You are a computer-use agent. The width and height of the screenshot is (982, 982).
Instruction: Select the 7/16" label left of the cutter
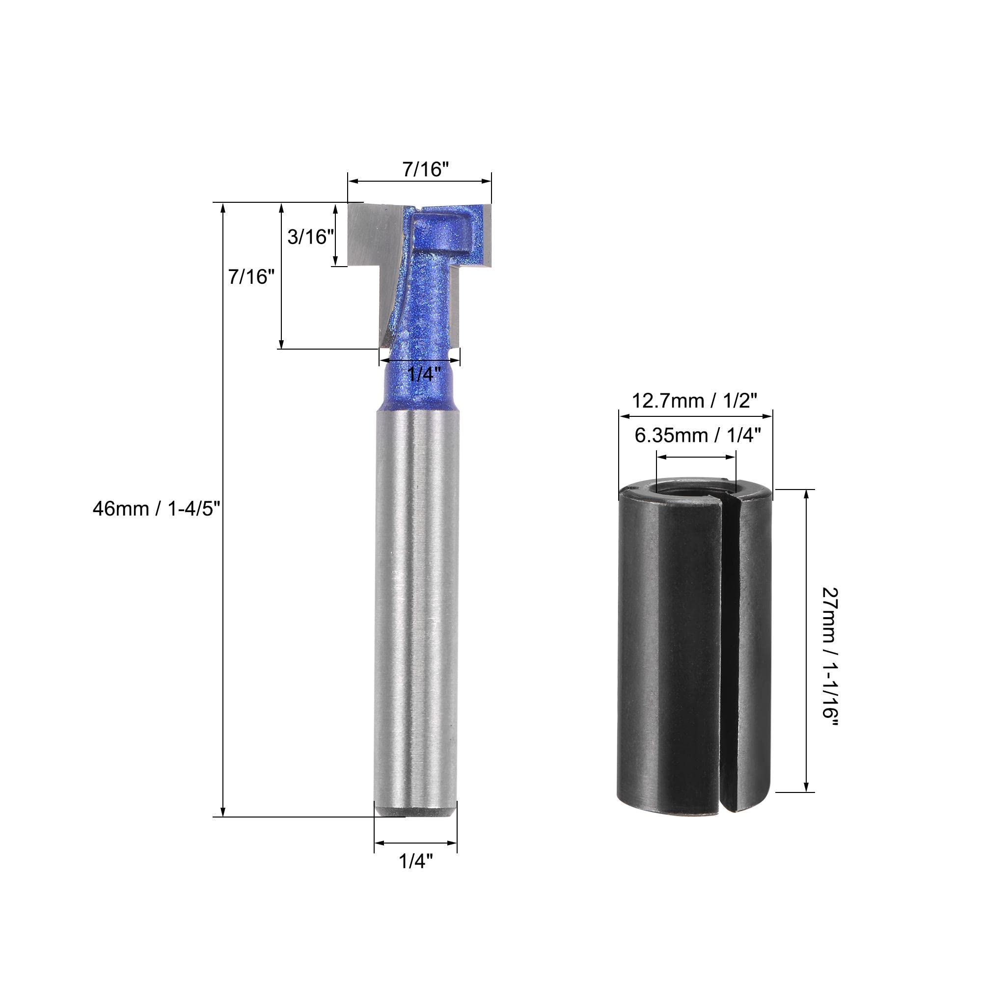click(251, 276)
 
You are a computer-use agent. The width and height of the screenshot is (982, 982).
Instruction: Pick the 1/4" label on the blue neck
click(424, 374)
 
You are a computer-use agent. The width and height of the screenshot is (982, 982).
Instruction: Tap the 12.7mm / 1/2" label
click(694, 401)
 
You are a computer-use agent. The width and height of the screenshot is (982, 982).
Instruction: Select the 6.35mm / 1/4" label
click(697, 435)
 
